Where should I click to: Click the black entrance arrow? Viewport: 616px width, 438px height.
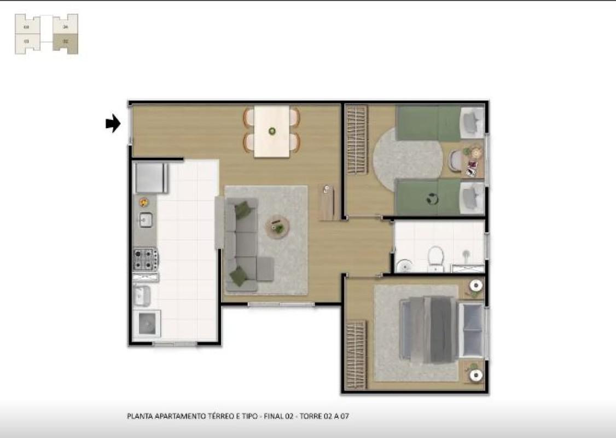click(113, 124)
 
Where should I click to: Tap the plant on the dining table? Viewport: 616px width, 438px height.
click(272, 131)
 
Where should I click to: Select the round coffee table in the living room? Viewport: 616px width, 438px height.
click(278, 227)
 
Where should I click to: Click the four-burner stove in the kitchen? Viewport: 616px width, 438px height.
click(146, 259)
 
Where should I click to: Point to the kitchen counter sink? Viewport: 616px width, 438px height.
click(146, 220)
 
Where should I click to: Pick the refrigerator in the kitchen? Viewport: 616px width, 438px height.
click(150, 177)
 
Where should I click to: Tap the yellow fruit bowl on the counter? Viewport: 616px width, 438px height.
click(144, 201)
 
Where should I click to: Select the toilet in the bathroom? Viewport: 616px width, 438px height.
click(435, 257)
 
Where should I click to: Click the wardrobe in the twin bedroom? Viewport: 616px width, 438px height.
click(357, 140)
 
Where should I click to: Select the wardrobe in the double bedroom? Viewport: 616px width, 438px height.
click(356, 354)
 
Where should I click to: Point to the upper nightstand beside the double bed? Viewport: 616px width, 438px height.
click(476, 286)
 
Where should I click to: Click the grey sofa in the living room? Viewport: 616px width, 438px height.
click(241, 245)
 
